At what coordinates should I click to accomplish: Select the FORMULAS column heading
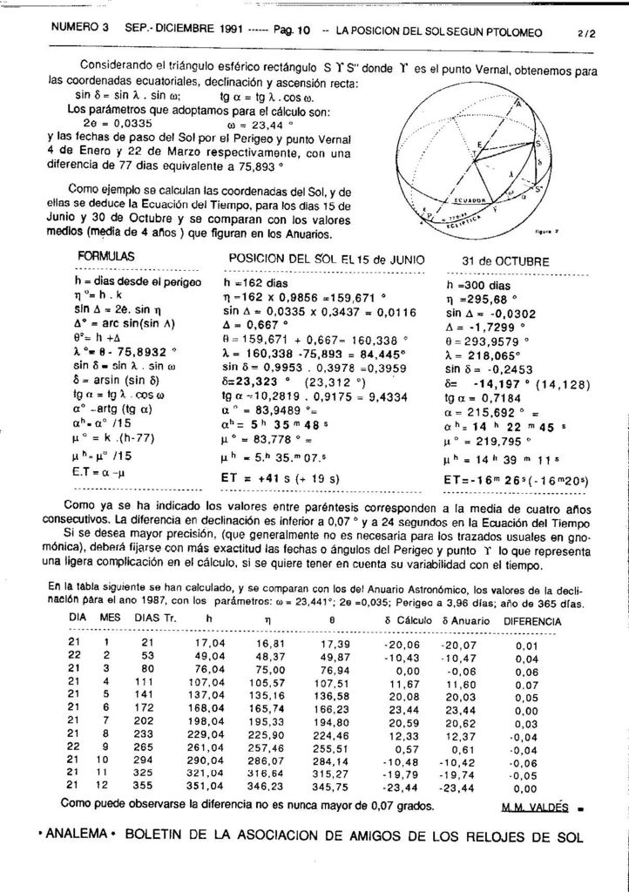pos(106,258)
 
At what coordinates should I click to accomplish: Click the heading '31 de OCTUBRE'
pos(505,260)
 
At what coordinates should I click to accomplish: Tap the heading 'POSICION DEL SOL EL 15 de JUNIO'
pos(326,260)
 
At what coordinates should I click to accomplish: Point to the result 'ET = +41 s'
pos(260,478)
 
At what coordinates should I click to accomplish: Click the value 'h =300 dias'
pos(478,284)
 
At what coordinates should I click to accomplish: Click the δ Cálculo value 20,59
pos(402,723)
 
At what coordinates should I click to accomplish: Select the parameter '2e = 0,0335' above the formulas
pos(121,123)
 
